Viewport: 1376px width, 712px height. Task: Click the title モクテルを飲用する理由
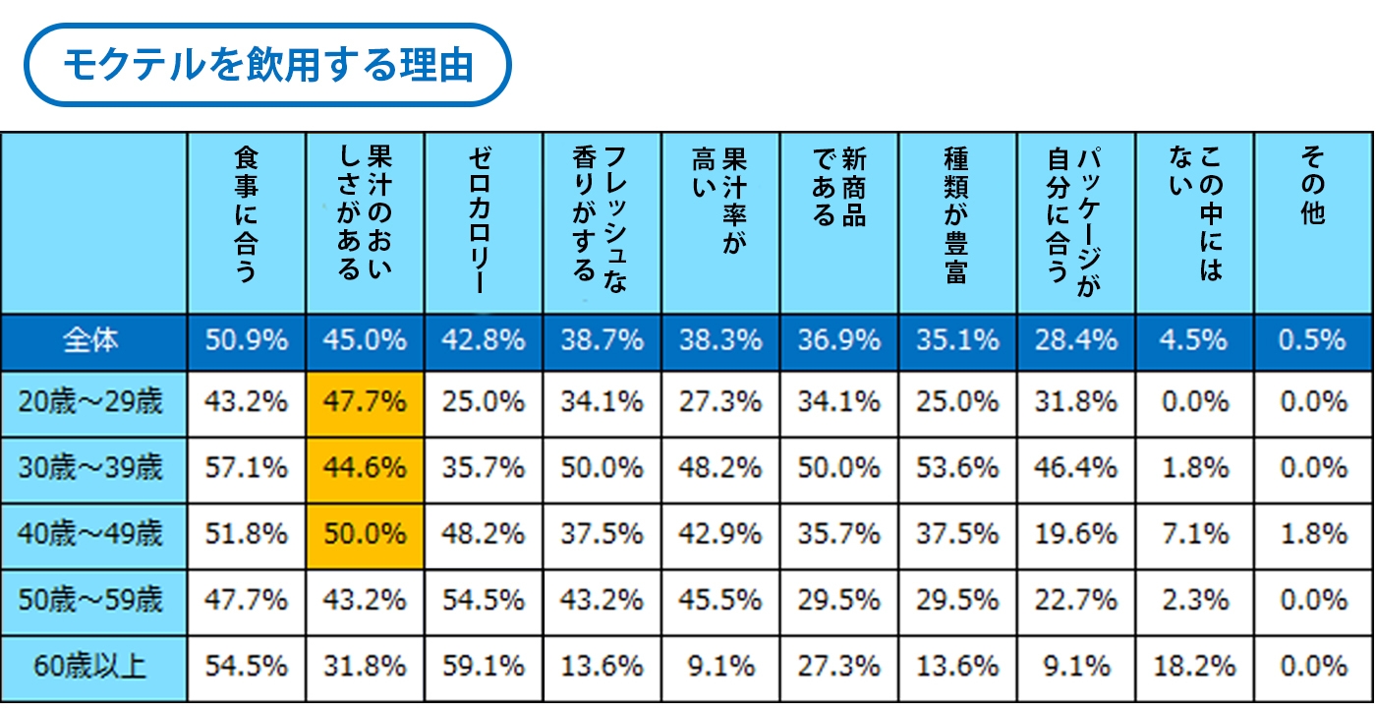(267, 66)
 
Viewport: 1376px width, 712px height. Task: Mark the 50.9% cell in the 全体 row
(246, 340)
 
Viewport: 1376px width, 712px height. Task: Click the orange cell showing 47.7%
(365, 402)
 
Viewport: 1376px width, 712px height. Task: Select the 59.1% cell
(484, 666)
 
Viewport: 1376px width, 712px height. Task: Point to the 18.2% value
(1194, 666)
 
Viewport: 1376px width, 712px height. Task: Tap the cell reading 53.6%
(956, 468)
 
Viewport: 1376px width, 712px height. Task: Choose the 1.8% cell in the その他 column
(1312, 534)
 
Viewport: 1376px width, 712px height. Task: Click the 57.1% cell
(246, 468)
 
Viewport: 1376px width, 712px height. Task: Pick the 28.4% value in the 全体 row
(1075, 340)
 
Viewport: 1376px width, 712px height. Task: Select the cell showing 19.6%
(1075, 534)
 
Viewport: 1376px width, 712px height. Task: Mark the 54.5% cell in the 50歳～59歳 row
(484, 600)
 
